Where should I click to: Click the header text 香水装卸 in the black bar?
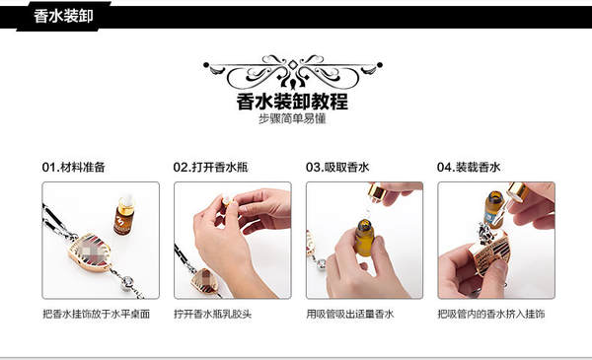point(63,17)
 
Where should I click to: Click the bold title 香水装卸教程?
point(292,102)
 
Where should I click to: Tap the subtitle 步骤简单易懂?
point(292,119)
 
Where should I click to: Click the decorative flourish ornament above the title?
point(293,71)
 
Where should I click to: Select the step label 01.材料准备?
point(74,167)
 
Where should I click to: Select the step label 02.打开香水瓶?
point(210,167)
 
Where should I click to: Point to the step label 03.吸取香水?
point(337,167)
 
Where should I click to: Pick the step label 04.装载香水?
point(469,167)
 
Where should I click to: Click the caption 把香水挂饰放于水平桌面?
point(97,314)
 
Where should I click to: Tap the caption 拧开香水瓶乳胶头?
point(212,314)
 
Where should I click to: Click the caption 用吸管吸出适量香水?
point(350,314)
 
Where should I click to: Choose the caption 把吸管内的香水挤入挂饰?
point(490,314)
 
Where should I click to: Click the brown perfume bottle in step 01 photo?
point(124,216)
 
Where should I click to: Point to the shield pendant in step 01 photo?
point(90,251)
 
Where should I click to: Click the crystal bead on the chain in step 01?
point(127,282)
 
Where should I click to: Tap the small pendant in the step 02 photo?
point(204,281)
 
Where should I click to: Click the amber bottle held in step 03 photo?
point(364,238)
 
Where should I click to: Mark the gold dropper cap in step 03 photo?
point(377,191)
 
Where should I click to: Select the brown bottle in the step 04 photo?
point(494,209)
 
